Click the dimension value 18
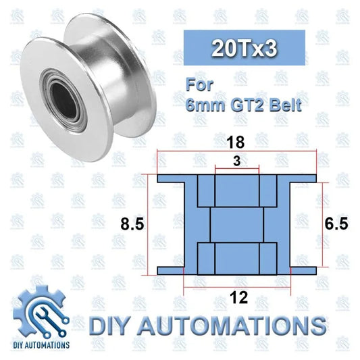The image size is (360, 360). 236,143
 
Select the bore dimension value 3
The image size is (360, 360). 236,161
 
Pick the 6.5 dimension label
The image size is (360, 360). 336,224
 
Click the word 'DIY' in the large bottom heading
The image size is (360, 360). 114,326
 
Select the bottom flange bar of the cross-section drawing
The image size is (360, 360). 236,270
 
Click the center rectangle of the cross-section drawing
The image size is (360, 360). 236,224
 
